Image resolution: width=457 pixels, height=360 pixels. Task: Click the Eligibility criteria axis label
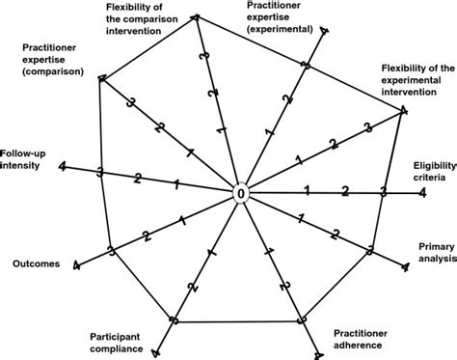[x=433, y=171]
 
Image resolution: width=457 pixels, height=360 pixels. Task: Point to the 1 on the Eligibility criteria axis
[x=307, y=188]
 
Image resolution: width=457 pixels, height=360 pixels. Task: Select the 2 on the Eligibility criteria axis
[x=345, y=190]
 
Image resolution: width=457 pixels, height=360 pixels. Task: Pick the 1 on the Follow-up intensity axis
[x=175, y=183]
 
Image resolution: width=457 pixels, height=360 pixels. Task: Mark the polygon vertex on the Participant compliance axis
[x=174, y=293]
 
